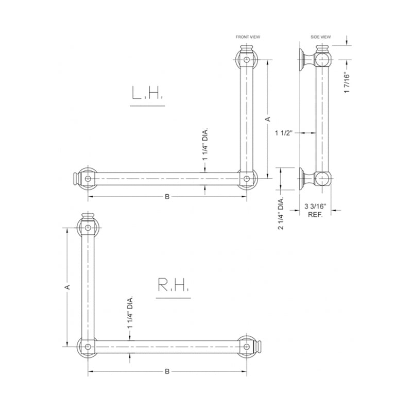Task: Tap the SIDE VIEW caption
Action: coord(320,38)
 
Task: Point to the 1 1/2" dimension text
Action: coord(284,133)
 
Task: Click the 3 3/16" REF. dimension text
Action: coord(315,210)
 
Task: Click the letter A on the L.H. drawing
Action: coord(267,119)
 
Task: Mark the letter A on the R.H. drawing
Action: coord(68,286)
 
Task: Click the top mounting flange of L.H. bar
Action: coord(248,60)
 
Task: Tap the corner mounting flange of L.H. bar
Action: coord(248,179)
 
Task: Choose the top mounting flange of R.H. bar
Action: coord(88,226)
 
